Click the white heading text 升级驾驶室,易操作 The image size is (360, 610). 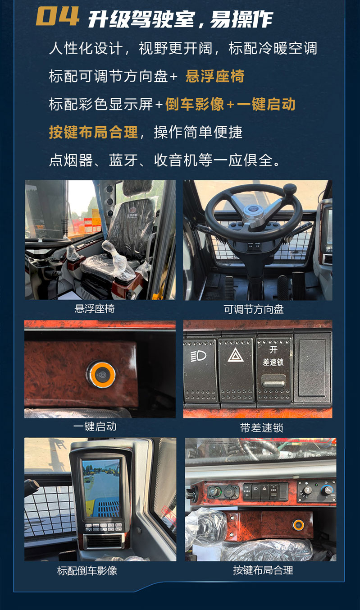pyautogui.click(x=180, y=19)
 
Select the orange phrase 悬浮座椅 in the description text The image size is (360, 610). pyautogui.click(x=215, y=76)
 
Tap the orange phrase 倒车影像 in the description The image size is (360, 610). pyautogui.click(x=195, y=104)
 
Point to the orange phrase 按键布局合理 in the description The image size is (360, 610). pyautogui.click(x=93, y=132)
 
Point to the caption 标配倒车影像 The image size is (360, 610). pyautogui.click(x=87, y=570)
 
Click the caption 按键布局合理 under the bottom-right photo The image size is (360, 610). pyautogui.click(x=263, y=570)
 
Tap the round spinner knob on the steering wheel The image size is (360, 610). pyautogui.click(x=289, y=188)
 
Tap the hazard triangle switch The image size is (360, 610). pyautogui.click(x=236, y=367)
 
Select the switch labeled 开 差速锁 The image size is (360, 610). pyautogui.click(x=273, y=367)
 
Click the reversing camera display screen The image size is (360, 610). pyautogui.click(x=100, y=488)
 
